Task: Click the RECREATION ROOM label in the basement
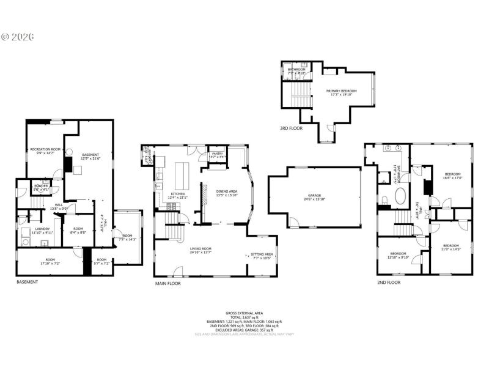point(45,150)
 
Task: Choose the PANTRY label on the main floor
point(217,154)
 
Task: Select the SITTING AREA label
point(262,255)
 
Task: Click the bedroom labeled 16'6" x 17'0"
point(453,176)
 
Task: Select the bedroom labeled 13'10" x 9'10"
point(398,256)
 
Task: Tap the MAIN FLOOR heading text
point(168,283)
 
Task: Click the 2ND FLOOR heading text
point(389,282)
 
